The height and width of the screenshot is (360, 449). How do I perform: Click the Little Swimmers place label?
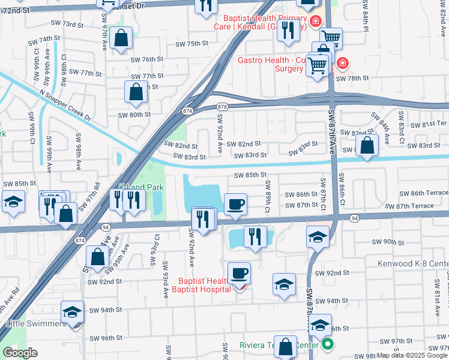pyautogui.click(x=36, y=323)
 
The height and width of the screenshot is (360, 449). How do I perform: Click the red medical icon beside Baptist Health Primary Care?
pyautogui.click(x=316, y=22)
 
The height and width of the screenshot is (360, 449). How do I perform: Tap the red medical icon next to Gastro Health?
pyautogui.click(x=342, y=62)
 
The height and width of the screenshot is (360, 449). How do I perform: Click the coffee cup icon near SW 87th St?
pyautogui.click(x=235, y=204)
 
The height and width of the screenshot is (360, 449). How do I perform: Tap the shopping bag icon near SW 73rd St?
pyautogui.click(x=121, y=37)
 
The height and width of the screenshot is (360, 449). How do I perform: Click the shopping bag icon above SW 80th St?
pyautogui.click(x=136, y=92)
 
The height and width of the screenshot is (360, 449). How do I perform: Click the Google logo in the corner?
pyautogui.click(x=20, y=353)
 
